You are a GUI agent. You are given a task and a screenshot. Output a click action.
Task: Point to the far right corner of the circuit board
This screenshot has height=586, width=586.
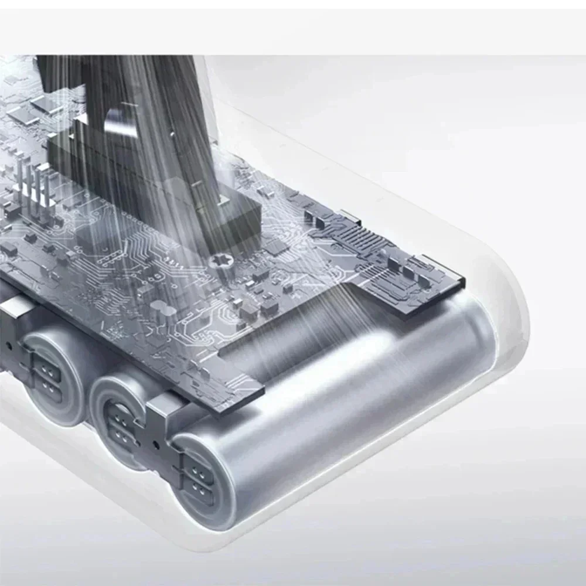(463, 275)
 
